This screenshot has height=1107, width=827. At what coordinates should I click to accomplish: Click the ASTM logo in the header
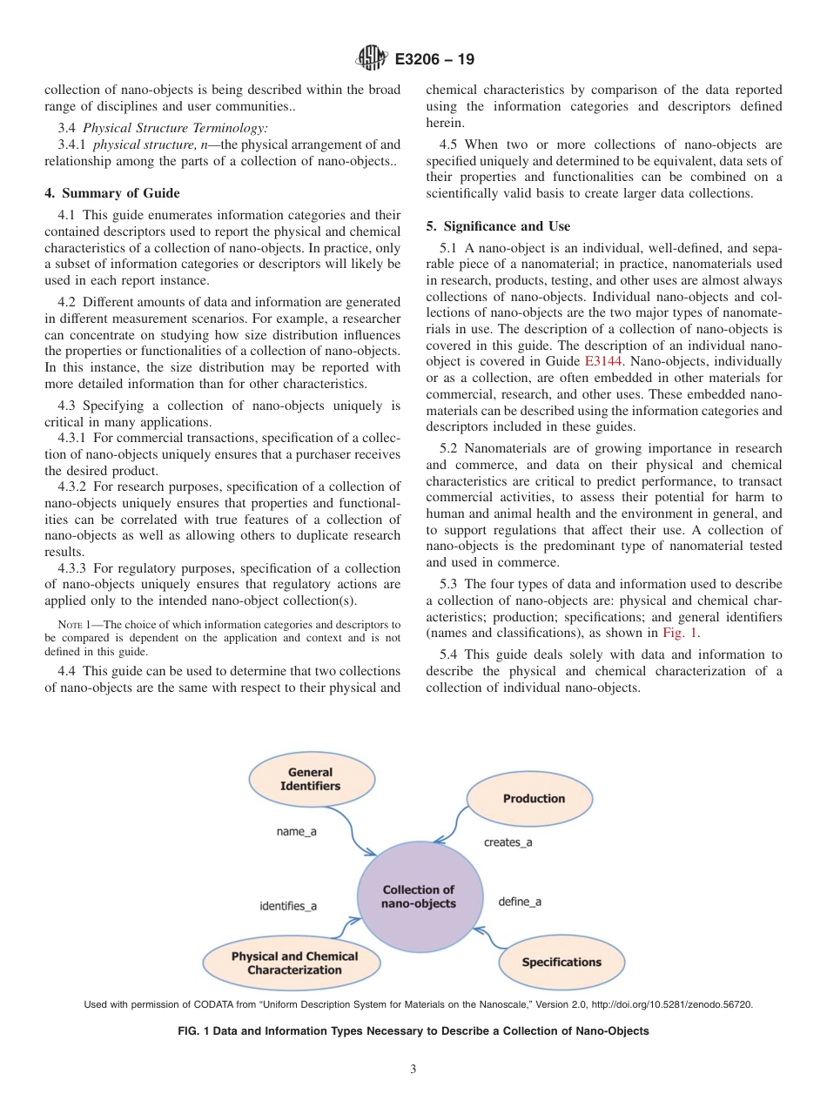click(372, 60)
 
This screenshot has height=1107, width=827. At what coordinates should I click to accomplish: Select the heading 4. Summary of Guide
click(111, 193)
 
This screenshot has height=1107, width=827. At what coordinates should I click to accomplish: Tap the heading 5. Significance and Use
click(498, 226)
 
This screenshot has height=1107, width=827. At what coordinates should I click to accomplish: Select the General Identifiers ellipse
click(311, 779)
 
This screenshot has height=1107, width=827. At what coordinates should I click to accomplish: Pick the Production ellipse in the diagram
click(533, 798)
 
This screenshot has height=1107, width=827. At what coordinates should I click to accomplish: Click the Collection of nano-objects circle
click(419, 897)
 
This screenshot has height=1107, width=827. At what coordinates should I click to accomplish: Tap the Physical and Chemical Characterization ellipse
click(293, 963)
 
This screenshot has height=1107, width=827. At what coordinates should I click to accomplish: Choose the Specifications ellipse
click(561, 962)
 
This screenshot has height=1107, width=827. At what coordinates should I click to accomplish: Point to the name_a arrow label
click(297, 832)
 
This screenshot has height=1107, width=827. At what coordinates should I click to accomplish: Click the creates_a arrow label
click(508, 842)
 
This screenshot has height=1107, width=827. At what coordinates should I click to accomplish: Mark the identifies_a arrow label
click(288, 906)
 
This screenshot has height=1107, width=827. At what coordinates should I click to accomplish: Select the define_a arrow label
click(520, 902)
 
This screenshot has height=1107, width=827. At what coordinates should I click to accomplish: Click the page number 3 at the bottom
click(413, 1070)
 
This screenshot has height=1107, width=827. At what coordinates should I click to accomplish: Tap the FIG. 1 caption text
click(413, 1031)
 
